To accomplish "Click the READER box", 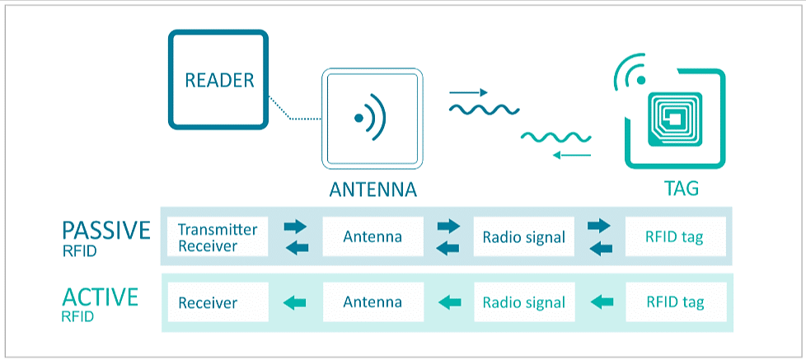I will click(x=218, y=80).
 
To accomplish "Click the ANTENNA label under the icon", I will click(x=373, y=189).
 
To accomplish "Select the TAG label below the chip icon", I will click(x=681, y=189).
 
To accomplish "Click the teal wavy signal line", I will click(x=555, y=136).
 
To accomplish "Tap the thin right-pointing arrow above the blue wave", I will click(x=468, y=92).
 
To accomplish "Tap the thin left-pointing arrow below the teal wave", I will click(x=571, y=155).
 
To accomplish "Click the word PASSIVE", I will click(x=106, y=230).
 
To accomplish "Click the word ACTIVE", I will click(x=100, y=296).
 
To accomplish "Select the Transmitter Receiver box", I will click(x=218, y=237).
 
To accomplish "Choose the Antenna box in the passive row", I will click(x=373, y=237).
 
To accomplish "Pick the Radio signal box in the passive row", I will click(x=524, y=237).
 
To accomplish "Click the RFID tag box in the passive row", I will click(x=675, y=237).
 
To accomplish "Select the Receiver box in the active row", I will click(x=218, y=302).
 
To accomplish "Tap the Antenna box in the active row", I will click(x=373, y=302).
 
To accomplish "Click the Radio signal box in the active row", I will click(x=524, y=302).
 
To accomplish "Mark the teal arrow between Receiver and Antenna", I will click(x=294, y=303).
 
